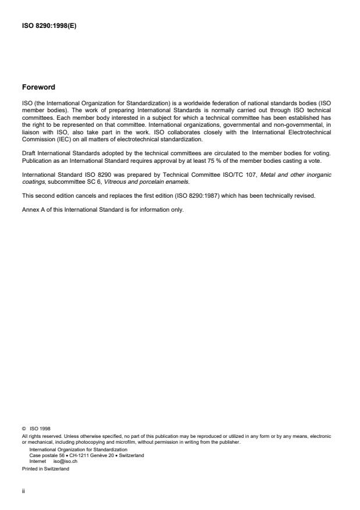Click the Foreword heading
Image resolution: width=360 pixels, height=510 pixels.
(38, 87)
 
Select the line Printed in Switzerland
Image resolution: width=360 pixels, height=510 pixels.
(45, 468)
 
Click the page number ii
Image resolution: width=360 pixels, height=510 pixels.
(23, 490)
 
